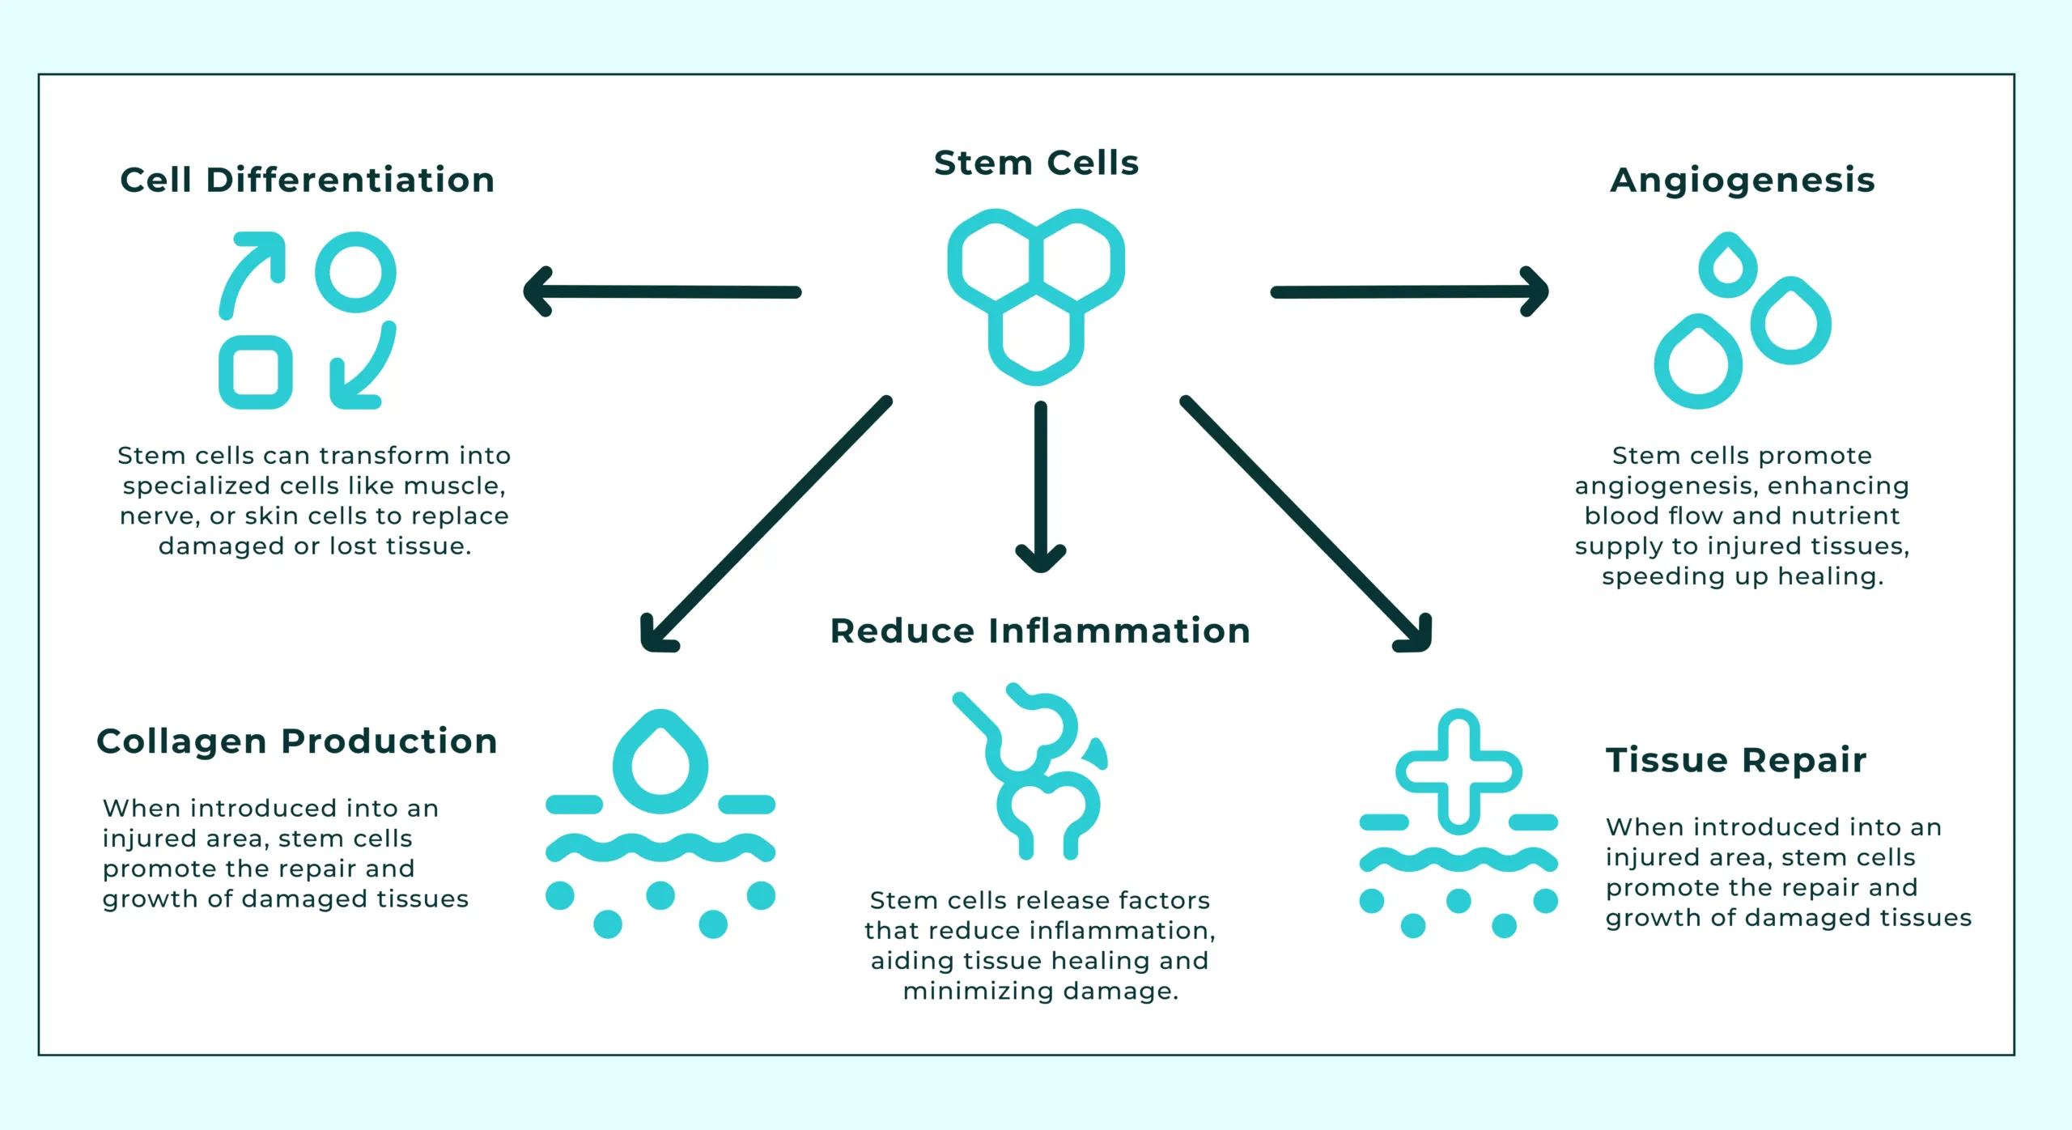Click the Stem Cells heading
click(x=1036, y=163)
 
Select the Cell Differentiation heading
click(x=307, y=180)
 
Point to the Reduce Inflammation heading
click(x=1040, y=631)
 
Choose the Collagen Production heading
click(x=296, y=741)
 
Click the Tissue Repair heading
click(x=1736, y=760)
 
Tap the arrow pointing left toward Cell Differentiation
click(x=662, y=291)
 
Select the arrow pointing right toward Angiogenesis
click(x=1410, y=291)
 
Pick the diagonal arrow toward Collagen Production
click(x=765, y=525)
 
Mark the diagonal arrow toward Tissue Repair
click(x=1306, y=523)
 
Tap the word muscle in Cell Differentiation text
click(x=454, y=486)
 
